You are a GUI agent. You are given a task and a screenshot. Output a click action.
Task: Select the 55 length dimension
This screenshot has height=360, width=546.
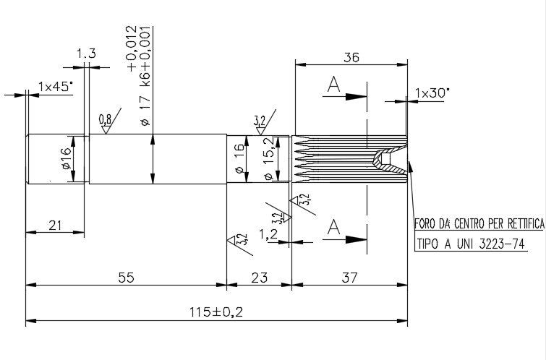[126, 277]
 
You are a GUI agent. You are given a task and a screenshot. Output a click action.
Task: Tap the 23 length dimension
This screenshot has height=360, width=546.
[259, 277]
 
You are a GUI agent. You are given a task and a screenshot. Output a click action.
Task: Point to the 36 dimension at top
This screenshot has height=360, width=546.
[351, 59]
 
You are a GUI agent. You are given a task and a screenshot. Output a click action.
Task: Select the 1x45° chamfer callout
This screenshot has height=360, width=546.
[56, 86]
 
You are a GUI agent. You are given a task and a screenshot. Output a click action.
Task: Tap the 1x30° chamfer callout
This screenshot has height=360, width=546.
[432, 93]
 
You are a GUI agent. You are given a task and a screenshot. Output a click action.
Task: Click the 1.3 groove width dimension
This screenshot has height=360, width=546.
[85, 53]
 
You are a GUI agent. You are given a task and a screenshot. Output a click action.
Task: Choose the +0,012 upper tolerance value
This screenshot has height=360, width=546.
[131, 48]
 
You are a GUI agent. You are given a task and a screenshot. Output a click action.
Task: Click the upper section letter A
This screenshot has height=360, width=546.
[333, 85]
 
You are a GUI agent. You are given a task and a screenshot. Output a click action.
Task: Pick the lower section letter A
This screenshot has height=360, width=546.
[333, 228]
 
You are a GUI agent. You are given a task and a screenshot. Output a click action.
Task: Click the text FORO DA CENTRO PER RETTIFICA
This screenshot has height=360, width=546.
[478, 224]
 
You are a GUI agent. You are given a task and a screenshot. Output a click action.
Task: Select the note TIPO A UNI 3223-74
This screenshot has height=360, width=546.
[470, 244]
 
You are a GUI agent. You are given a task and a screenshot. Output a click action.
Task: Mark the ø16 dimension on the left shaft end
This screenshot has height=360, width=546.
[65, 159]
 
